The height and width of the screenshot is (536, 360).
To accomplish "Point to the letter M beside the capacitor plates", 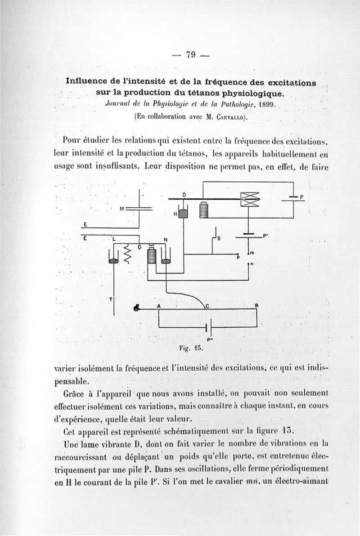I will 121,208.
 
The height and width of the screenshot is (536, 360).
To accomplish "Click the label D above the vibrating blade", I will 184,194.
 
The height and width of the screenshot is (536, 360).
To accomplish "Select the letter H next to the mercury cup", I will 175,214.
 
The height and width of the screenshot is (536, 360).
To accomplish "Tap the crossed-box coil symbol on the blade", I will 250,199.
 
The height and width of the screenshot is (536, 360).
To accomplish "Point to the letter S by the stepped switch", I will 219,239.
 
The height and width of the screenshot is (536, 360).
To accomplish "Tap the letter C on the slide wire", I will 207,306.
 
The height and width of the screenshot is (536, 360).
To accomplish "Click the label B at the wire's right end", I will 256,306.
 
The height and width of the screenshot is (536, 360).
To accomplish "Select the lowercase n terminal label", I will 252,264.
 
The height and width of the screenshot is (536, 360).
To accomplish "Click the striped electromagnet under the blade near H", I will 204,210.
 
